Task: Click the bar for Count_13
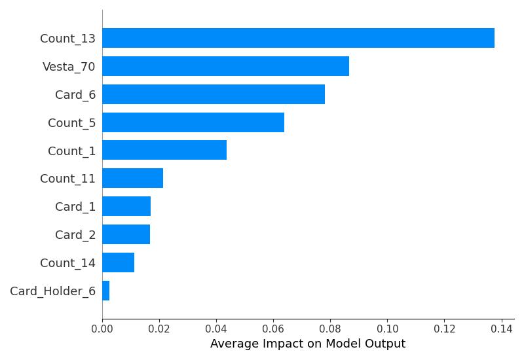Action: point(298,38)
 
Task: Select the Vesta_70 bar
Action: point(225,66)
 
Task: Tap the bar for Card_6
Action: point(214,94)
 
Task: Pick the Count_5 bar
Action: point(193,122)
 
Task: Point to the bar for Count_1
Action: point(164,151)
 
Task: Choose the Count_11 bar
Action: point(132,178)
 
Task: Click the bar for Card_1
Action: point(126,206)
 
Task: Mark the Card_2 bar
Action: point(126,234)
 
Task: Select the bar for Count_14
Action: point(118,262)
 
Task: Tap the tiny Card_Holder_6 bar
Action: point(105,291)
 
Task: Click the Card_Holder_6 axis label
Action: point(52,291)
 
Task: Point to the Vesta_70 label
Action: point(69,67)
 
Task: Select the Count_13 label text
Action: point(67,39)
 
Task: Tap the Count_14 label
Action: point(67,263)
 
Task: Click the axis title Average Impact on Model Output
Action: point(308,344)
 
